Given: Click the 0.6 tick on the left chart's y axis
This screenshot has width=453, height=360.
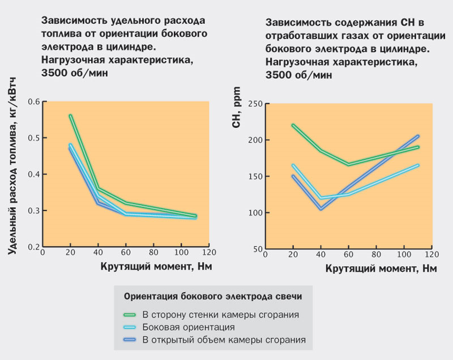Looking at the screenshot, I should point(35,102).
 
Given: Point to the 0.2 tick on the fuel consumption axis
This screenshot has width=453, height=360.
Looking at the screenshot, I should point(35,247).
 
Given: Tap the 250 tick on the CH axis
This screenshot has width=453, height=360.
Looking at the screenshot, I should point(255,104).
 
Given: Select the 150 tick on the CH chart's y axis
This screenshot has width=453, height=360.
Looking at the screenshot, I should point(255,177).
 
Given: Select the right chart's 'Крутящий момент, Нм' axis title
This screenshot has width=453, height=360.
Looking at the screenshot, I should point(381,269).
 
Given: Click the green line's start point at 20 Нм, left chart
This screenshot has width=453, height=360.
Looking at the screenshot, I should point(70,115).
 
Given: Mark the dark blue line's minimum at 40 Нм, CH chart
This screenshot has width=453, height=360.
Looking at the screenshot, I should point(321,209).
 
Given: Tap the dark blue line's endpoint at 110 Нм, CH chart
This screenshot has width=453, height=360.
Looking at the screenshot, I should point(417,136).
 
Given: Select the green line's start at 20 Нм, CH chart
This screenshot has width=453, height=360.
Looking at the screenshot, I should point(293,125).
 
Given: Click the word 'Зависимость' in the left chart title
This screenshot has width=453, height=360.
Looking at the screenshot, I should point(73,21).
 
